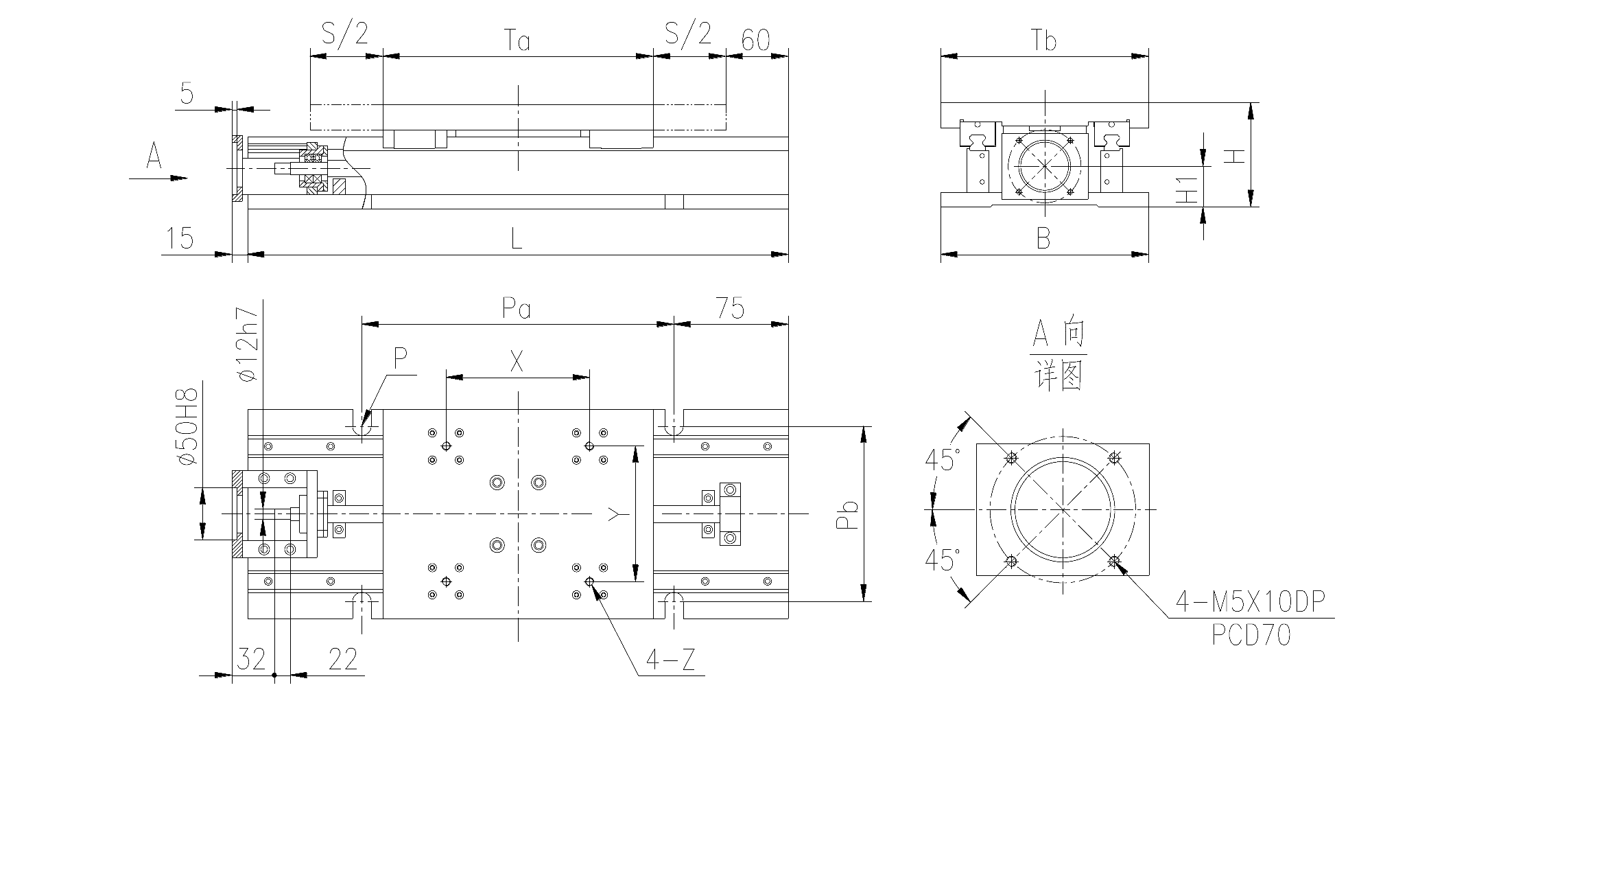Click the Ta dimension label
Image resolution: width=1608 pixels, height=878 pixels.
pyautogui.click(x=518, y=41)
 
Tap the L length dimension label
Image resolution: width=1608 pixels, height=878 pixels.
pyautogui.click(x=517, y=238)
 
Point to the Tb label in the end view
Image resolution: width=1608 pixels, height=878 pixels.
pyautogui.click(x=1043, y=41)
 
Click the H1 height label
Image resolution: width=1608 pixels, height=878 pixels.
pyautogui.click(x=1186, y=189)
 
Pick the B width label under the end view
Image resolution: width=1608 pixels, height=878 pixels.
pyautogui.click(x=1043, y=238)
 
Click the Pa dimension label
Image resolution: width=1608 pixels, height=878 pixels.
pyautogui.click(x=517, y=309)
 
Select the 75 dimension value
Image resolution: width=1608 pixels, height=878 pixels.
pyautogui.click(x=730, y=309)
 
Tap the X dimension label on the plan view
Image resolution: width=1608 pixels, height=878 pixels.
pyautogui.click(x=517, y=361)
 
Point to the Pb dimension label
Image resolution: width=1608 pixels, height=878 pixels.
pyautogui.click(x=849, y=515)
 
